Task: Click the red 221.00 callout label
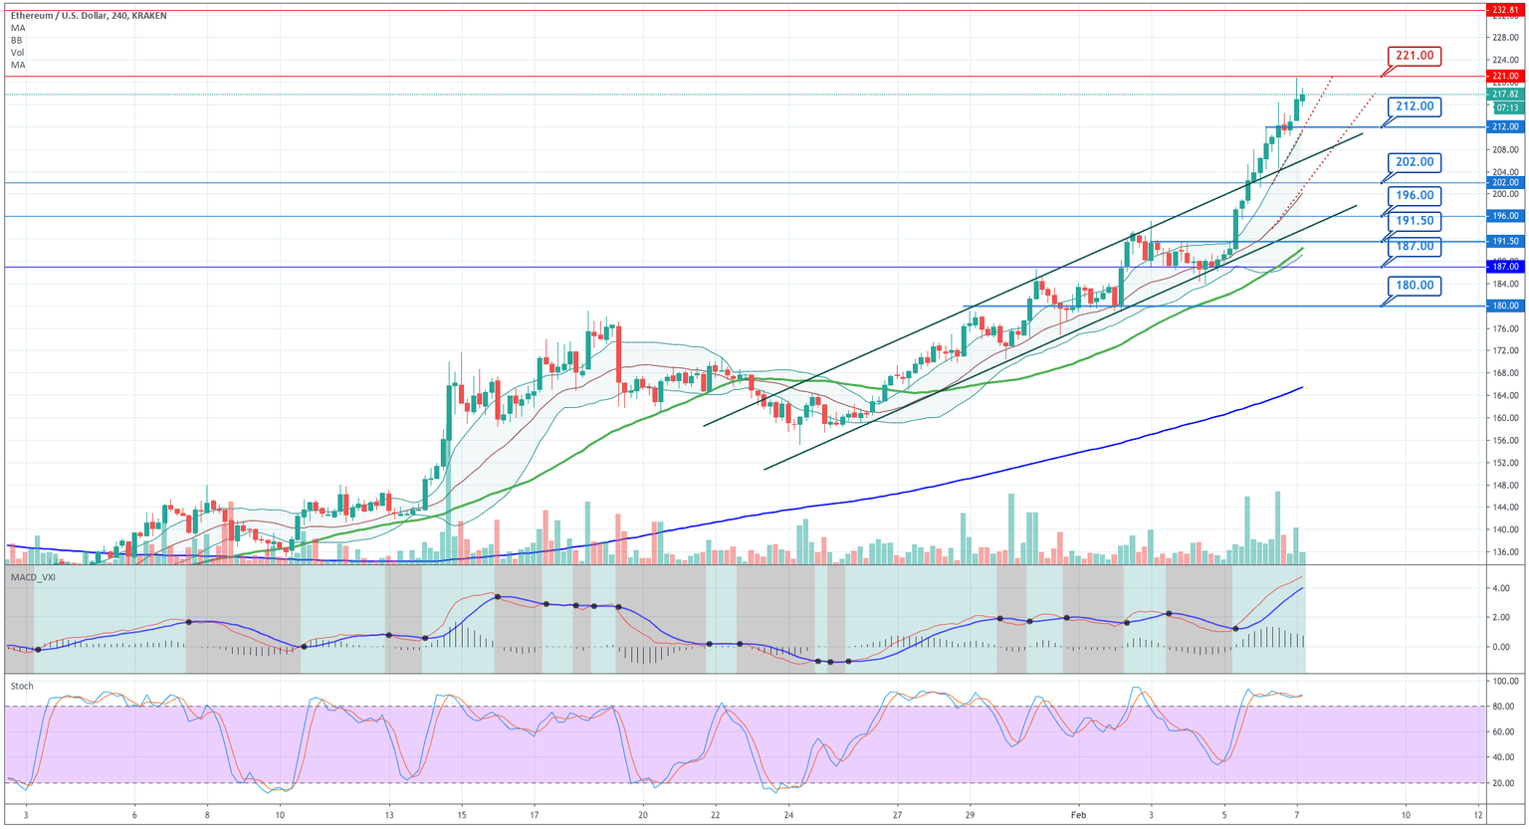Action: tap(1414, 56)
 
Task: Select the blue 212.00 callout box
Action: tap(1414, 106)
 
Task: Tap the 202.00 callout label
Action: tap(1414, 162)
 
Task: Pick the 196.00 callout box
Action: tap(1414, 196)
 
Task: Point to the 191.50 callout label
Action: tap(1414, 221)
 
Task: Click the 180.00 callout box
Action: tap(1414, 286)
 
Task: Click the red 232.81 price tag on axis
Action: tap(1504, 10)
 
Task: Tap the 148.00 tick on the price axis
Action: tap(1504, 486)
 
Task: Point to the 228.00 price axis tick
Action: tap(1504, 38)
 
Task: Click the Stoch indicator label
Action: tap(22, 686)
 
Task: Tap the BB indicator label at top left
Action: tap(17, 41)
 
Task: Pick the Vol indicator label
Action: tap(17, 53)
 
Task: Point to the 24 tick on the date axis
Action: tap(788, 814)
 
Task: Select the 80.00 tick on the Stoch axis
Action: tap(1504, 707)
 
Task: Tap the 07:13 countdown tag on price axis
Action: tap(1506, 107)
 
